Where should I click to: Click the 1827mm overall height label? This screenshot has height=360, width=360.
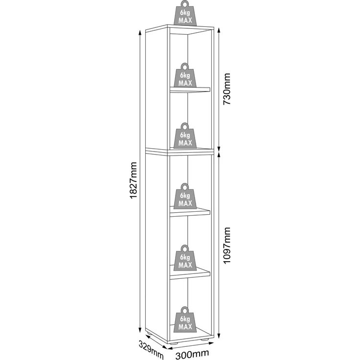point(134,180)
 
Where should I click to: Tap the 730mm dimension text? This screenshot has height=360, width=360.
point(227,89)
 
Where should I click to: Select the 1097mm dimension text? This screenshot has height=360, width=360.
point(227,246)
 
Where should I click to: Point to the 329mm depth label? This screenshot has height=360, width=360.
point(151,349)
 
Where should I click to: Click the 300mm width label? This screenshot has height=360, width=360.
point(192,354)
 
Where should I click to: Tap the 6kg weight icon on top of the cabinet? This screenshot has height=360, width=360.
point(185,13)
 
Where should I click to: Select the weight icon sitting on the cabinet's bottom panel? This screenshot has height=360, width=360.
point(185,319)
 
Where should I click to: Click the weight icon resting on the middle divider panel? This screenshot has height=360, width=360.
point(185,135)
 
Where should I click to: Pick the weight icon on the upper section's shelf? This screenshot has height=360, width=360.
point(185,75)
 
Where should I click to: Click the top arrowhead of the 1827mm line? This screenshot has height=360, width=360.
point(140,33)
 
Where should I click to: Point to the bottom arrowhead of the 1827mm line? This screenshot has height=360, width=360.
point(140,330)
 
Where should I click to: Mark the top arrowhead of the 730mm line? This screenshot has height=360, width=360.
point(219,30)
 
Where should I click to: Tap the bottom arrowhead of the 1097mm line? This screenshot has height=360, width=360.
point(219,336)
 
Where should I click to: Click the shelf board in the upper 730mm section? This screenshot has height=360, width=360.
point(190,90)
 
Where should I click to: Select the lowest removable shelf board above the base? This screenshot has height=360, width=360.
point(190,273)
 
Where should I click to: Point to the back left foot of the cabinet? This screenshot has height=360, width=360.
point(149,333)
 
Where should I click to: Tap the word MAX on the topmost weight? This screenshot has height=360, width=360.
point(185,21)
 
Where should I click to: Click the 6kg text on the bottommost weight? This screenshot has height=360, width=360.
point(185,319)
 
